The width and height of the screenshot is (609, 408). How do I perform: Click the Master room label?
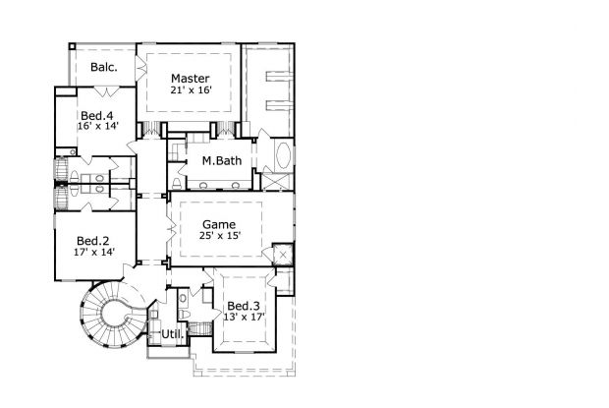[191, 78]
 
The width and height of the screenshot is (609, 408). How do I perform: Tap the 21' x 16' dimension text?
[191, 90]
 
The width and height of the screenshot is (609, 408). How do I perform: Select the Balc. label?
[104, 67]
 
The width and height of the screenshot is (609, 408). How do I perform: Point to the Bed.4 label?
[96, 115]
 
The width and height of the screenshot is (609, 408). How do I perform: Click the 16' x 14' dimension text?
[97, 126]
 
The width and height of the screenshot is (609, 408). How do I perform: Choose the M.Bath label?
[222, 160]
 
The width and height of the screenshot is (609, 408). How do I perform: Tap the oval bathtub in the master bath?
[284, 155]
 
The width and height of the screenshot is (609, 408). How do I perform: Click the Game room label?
[219, 224]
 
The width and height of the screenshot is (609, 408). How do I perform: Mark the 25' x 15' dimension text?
[220, 236]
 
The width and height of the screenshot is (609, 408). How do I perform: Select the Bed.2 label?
[93, 241]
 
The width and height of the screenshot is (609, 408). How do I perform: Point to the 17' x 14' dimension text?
[94, 252]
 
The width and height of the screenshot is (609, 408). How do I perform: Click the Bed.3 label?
[244, 306]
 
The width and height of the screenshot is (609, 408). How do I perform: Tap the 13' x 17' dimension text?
[244, 317]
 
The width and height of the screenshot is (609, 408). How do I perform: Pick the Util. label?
[173, 334]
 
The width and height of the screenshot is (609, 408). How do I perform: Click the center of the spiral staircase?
[115, 314]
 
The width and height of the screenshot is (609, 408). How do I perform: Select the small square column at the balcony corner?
[73, 46]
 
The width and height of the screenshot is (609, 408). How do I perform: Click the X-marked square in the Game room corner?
[283, 255]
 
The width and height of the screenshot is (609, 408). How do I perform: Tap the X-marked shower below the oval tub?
[277, 182]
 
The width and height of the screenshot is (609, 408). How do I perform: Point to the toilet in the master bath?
[177, 183]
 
